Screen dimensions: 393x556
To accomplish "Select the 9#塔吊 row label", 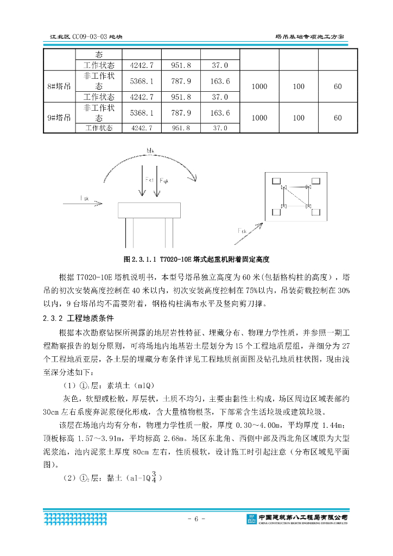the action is [59, 117].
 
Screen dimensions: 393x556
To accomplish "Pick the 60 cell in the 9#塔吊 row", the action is [338, 117].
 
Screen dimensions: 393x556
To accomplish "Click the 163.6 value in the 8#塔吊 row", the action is [220, 81].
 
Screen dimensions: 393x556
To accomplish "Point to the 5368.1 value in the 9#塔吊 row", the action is [142, 113].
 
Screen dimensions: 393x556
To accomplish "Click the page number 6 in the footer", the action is [196, 519].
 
